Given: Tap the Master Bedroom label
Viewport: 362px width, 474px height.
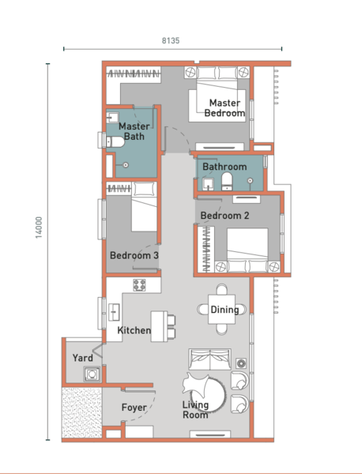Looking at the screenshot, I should coord(225,108).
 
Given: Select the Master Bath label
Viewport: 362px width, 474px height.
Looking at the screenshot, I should coord(134,131).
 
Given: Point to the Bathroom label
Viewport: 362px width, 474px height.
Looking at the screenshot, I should coord(224,167).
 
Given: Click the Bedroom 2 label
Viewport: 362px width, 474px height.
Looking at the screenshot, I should coord(224,216).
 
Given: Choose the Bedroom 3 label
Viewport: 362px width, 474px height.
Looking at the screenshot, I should coord(134,256).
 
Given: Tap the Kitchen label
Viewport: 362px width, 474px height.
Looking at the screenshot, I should coord(134,330).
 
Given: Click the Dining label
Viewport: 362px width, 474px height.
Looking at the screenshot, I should coord(224,310).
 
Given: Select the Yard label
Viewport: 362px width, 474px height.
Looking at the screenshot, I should coord(82,358).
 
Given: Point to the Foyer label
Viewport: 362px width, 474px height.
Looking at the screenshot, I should coord(134,408).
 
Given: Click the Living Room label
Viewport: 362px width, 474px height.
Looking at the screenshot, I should coord(195,410).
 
